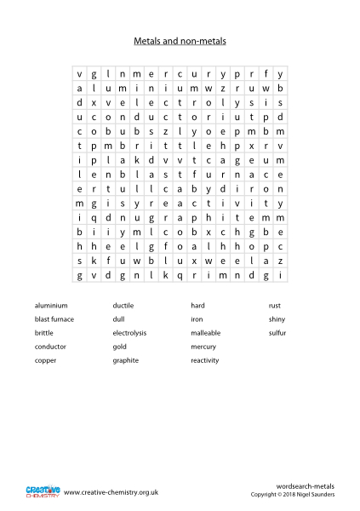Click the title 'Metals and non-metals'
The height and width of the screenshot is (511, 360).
point(180,40)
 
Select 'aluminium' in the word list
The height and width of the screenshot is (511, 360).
point(50,305)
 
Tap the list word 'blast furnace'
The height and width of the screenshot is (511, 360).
point(55,319)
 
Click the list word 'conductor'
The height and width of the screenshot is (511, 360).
point(50,347)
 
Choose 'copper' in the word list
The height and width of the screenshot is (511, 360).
point(46,360)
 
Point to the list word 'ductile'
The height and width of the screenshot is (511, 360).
point(123,305)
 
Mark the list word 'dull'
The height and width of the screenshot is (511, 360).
point(119,319)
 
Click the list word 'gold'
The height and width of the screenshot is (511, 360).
point(120,347)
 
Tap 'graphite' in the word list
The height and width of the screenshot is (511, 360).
point(126,360)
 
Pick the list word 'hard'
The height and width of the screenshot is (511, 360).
point(198,305)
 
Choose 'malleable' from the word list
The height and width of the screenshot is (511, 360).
point(207,333)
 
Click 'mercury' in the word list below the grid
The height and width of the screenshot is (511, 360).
point(204,347)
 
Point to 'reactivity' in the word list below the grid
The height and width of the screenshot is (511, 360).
point(205,360)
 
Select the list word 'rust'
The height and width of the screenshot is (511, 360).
point(275,305)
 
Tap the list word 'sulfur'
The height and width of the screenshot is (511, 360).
point(278,333)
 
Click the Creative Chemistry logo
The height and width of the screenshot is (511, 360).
point(41,491)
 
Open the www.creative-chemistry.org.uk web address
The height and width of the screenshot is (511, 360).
point(112,492)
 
